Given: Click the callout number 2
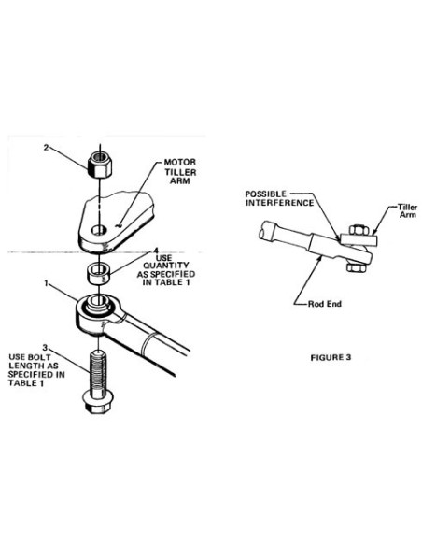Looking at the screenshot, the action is point(46,148).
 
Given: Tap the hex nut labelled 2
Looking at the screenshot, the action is point(101,165).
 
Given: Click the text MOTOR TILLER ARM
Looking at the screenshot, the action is point(180,171).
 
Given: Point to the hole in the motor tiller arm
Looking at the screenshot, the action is point(99,230).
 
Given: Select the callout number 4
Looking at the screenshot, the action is point(156,251).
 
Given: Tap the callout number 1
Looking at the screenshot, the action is point(46,283).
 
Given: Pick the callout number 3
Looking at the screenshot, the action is point(45,347).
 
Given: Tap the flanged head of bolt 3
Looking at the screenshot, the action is point(98,402).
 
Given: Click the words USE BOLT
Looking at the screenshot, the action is point(30,357).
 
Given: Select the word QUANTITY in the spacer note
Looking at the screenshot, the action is point(166,266).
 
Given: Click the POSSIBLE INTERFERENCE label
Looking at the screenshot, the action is point(279,198).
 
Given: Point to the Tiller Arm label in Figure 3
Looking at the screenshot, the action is point(407,211).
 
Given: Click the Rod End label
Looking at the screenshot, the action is point(325,304).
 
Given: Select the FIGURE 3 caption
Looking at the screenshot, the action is point(331,358).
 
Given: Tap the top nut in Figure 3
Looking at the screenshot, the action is point(358,230).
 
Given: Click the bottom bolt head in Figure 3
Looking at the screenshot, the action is point(356,267).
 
